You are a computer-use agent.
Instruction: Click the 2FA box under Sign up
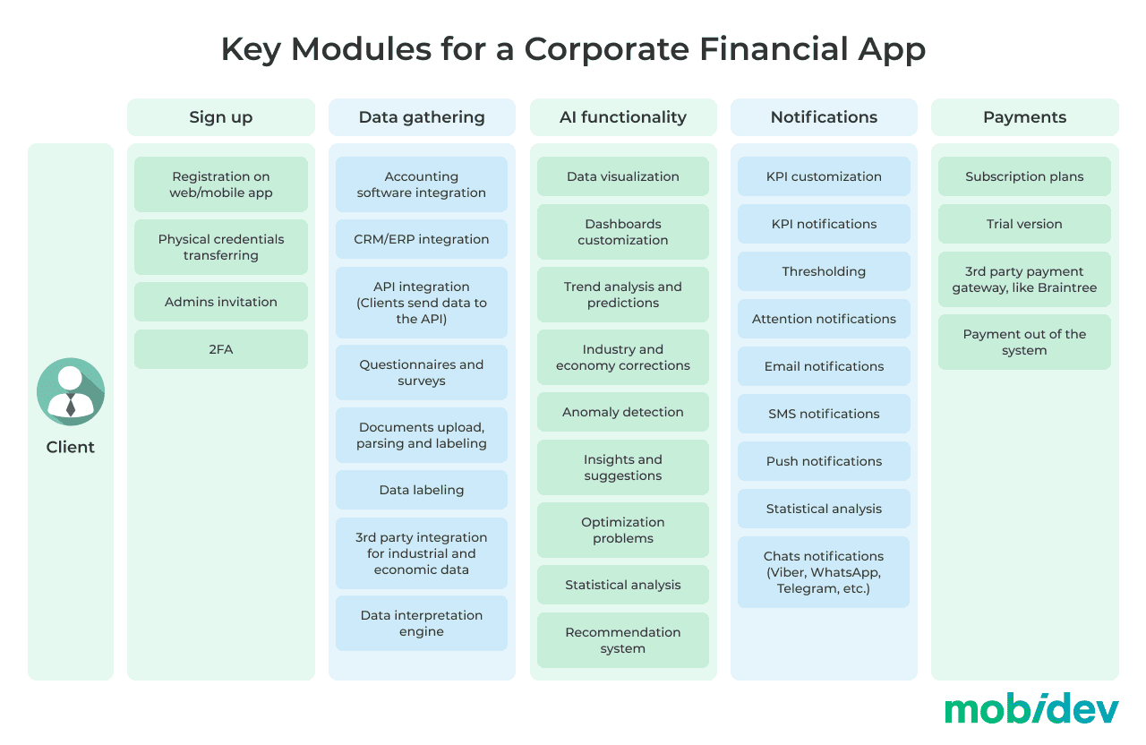(221, 349)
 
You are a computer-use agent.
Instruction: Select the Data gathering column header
(422, 117)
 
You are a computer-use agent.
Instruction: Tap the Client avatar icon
(71, 391)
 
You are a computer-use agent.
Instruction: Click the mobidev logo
(1031, 708)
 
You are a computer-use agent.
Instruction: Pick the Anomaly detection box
(623, 412)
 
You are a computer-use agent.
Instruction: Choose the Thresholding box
(824, 271)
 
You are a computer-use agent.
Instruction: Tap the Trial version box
(1024, 224)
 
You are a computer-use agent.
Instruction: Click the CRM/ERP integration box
(422, 239)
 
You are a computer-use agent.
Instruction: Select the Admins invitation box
(221, 302)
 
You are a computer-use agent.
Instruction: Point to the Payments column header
(1025, 117)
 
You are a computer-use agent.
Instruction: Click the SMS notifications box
(824, 414)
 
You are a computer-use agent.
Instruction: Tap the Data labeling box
(422, 490)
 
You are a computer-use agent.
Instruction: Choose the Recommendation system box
(623, 640)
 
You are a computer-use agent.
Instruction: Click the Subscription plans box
(1024, 176)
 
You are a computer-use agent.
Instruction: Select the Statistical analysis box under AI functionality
(623, 585)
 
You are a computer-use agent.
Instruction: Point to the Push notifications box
(824, 461)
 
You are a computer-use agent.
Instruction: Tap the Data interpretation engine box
(422, 623)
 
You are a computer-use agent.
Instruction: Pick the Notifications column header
(824, 117)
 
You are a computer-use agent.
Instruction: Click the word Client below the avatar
(71, 447)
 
